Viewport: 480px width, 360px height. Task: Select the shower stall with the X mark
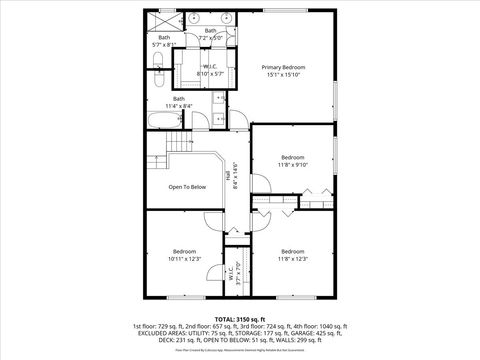[x=162, y=20]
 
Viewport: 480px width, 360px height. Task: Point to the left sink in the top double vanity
[x=196, y=19]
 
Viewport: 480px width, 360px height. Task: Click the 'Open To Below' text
[x=187, y=187]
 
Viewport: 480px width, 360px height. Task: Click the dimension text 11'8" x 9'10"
[x=292, y=166]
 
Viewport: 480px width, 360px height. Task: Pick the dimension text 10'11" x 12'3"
[x=186, y=259]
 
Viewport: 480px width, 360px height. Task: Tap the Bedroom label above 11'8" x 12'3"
[x=292, y=251]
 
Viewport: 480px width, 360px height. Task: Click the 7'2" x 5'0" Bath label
[x=210, y=34]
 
